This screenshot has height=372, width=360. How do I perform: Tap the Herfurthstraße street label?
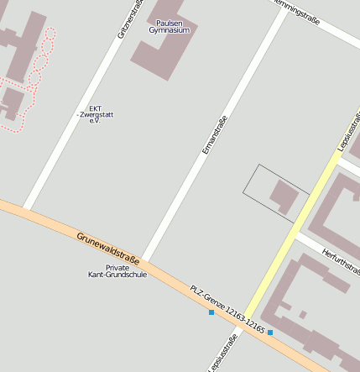click(x=340, y=263)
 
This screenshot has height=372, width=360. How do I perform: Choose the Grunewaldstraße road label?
click(x=108, y=250)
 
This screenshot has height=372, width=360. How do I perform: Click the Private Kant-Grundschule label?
click(x=117, y=271)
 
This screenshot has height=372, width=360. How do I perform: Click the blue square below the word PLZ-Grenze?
click(x=211, y=312)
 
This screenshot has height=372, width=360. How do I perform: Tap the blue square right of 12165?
click(x=270, y=333)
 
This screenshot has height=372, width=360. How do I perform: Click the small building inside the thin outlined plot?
click(x=283, y=197)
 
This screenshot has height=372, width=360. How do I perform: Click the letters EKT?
click(x=96, y=107)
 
